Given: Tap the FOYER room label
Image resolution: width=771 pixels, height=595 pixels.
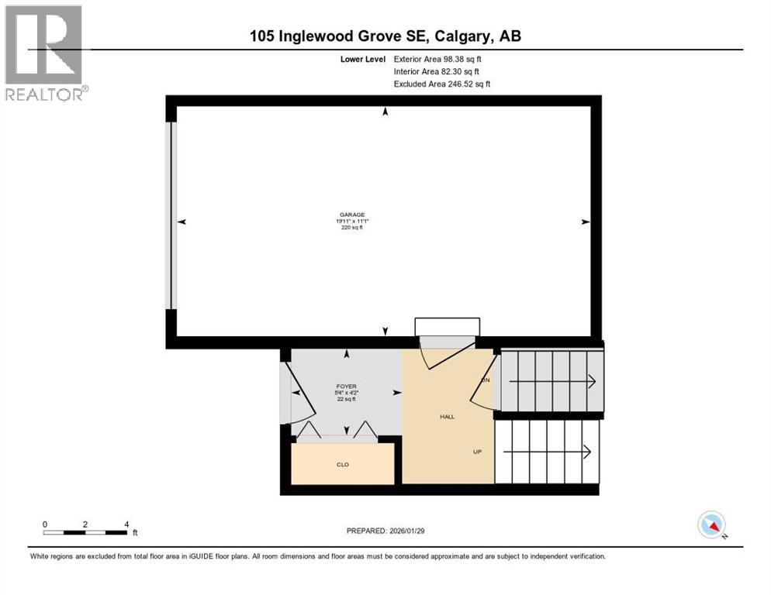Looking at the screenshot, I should tap(346, 386).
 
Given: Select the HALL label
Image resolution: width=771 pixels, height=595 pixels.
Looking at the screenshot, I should tap(448, 416).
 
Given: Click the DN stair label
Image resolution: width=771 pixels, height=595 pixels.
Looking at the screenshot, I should tap(486, 380).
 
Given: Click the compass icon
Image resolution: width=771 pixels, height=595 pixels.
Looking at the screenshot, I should tap(711, 524).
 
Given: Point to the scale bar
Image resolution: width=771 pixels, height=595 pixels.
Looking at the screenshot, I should tap(85, 532).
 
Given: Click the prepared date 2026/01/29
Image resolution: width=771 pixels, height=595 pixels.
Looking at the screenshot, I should tap(387, 531).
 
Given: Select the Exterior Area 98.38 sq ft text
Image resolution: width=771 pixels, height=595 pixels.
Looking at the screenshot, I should tap(442, 59).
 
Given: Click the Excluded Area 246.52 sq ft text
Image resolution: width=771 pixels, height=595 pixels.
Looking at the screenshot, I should tap(442, 84).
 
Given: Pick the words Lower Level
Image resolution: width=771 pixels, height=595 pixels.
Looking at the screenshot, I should tap(363, 59).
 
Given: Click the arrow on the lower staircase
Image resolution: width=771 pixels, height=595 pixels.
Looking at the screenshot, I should tap(588, 451).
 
